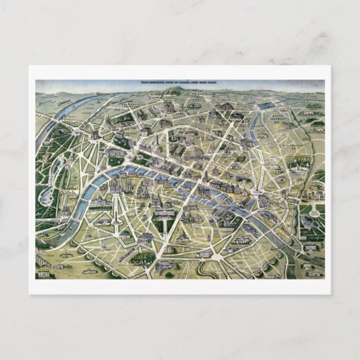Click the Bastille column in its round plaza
tap(256, 196)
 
